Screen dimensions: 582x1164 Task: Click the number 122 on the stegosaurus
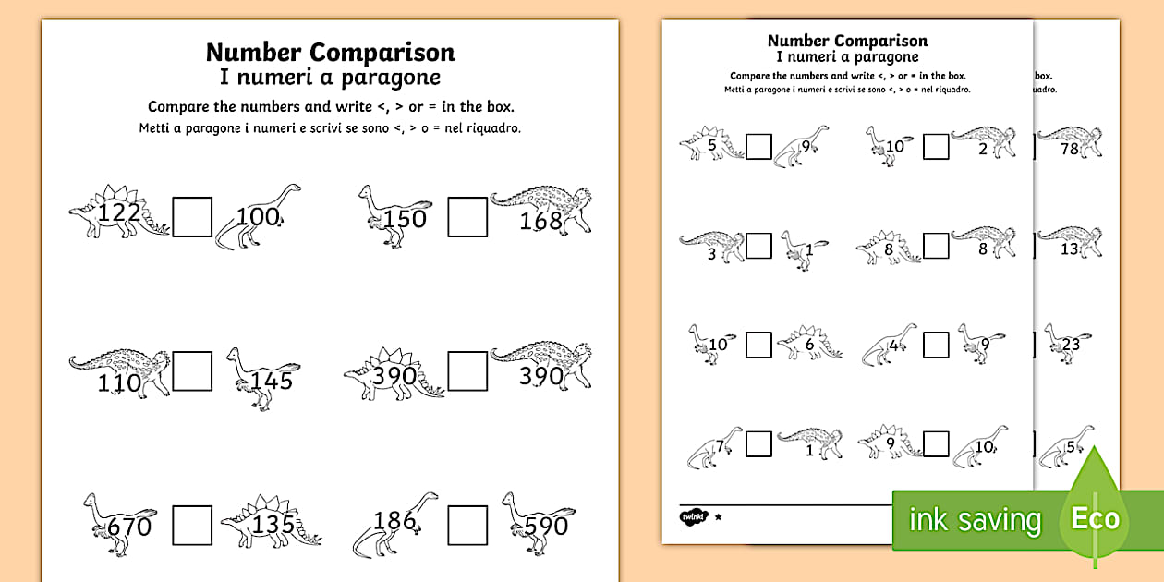click(119, 214)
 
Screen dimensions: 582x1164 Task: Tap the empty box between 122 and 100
click(192, 217)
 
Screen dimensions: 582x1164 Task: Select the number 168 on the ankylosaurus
click(541, 221)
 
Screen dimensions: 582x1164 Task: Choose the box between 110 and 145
click(192, 371)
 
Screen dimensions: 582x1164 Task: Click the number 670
click(129, 527)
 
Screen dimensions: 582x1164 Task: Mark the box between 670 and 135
click(192, 525)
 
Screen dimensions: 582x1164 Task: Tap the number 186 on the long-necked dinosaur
click(395, 520)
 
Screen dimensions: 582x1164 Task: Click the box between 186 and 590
click(467, 525)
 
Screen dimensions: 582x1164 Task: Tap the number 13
click(1070, 249)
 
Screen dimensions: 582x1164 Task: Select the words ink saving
click(975, 520)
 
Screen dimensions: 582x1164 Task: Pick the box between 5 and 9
click(758, 146)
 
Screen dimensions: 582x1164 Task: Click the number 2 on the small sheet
click(983, 149)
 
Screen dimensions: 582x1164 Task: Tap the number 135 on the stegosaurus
click(274, 525)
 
